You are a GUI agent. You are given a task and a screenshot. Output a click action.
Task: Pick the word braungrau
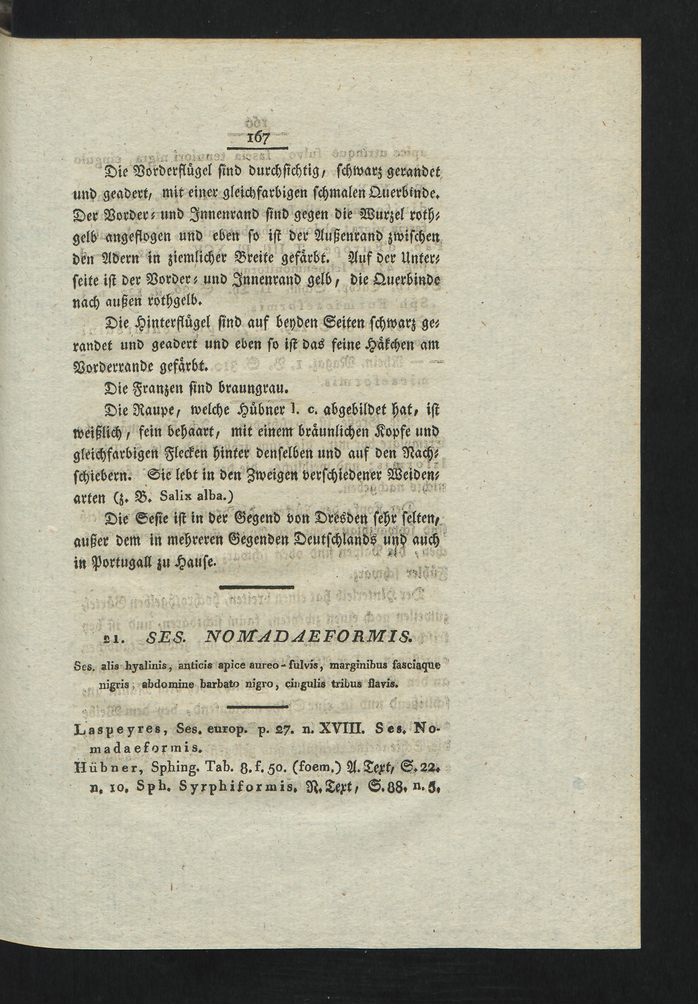pos(259,388)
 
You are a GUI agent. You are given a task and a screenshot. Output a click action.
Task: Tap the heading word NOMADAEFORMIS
pos(308,639)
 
